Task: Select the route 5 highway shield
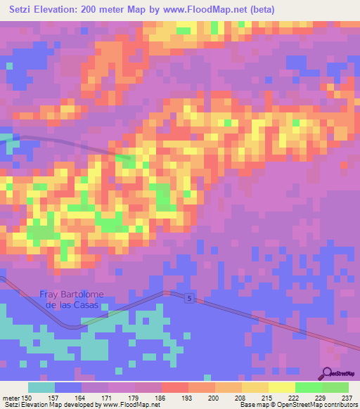point(190,299)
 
